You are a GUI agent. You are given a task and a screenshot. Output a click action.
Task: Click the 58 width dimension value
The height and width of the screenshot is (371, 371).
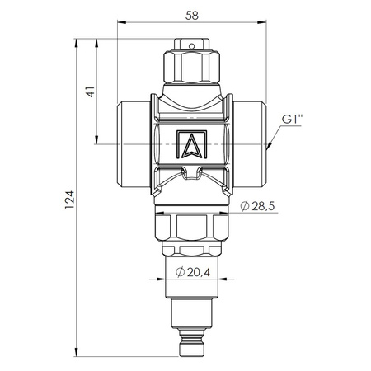pyautogui.click(x=192, y=16)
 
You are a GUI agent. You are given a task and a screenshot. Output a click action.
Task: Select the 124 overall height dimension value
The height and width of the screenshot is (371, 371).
pyautogui.click(x=69, y=200)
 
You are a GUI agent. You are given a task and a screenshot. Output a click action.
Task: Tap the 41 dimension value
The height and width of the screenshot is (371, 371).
pyautogui.click(x=91, y=92)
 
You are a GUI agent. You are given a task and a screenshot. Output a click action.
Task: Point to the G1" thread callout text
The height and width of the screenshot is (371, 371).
pyautogui.click(x=292, y=120)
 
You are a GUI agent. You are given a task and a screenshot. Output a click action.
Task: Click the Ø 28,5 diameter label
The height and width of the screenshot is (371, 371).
pyautogui.click(x=257, y=206)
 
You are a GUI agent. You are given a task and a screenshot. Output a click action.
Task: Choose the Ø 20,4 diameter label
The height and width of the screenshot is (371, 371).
pyautogui.click(x=193, y=272)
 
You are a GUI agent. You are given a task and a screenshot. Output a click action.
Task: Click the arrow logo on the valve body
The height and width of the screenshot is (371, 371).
pyautogui.click(x=191, y=144)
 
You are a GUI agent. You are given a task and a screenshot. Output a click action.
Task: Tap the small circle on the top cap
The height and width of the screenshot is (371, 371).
pyautogui.click(x=192, y=46)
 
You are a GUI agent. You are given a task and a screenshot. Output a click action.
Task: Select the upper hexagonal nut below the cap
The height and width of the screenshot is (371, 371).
pyautogui.click(x=192, y=66)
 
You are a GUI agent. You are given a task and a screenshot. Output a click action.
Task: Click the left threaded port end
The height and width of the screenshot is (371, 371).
pyautogui.click(x=134, y=144)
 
